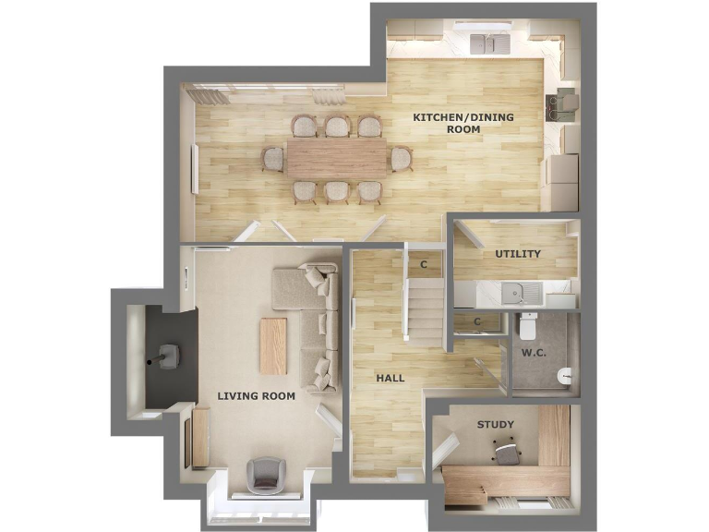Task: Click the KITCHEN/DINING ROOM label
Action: [x=463, y=123]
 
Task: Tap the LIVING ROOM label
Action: [x=256, y=396]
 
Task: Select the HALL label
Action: [x=391, y=379]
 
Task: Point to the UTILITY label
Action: [x=518, y=254]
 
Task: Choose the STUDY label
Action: [x=495, y=425]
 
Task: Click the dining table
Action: [x=336, y=158]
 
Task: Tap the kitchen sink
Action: [x=489, y=43]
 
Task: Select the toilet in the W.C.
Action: [x=529, y=325]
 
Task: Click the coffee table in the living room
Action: [x=274, y=345]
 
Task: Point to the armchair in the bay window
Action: [x=264, y=473]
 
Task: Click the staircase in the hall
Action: [x=426, y=309]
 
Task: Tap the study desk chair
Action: [x=506, y=453]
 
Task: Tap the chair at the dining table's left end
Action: [x=272, y=159]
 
